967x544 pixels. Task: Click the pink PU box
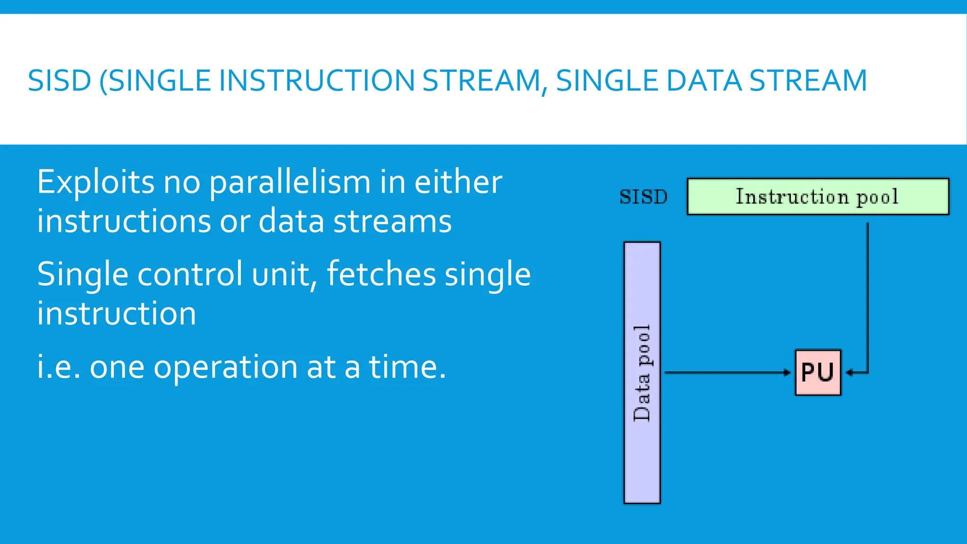coord(818,372)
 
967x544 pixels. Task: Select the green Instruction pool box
coord(817,196)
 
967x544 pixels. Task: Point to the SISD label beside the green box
coord(643,197)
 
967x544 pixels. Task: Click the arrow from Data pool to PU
coord(727,373)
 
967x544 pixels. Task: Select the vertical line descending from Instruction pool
coord(867,293)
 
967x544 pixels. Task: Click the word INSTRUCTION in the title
coord(316,80)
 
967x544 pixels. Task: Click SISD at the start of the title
coord(59,80)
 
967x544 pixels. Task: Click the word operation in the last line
coord(225,367)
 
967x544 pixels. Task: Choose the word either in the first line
coord(458,182)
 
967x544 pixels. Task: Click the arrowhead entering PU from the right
coord(849,373)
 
